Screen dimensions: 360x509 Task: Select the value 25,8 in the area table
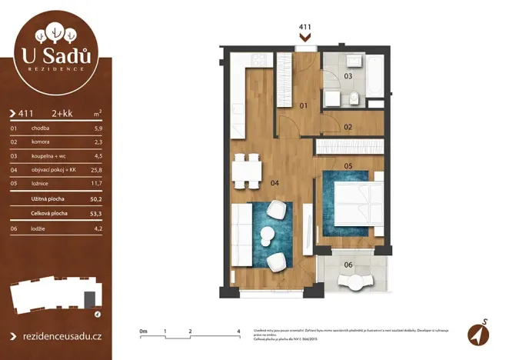tap(96, 169)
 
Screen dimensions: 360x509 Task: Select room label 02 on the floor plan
tap(348, 126)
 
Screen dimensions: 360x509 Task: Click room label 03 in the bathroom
tap(348, 76)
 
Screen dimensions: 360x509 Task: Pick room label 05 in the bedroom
tap(348, 165)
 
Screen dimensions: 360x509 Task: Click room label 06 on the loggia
tap(348, 265)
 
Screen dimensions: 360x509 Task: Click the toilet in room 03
tap(355, 98)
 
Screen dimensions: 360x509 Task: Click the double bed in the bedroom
tap(360, 204)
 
